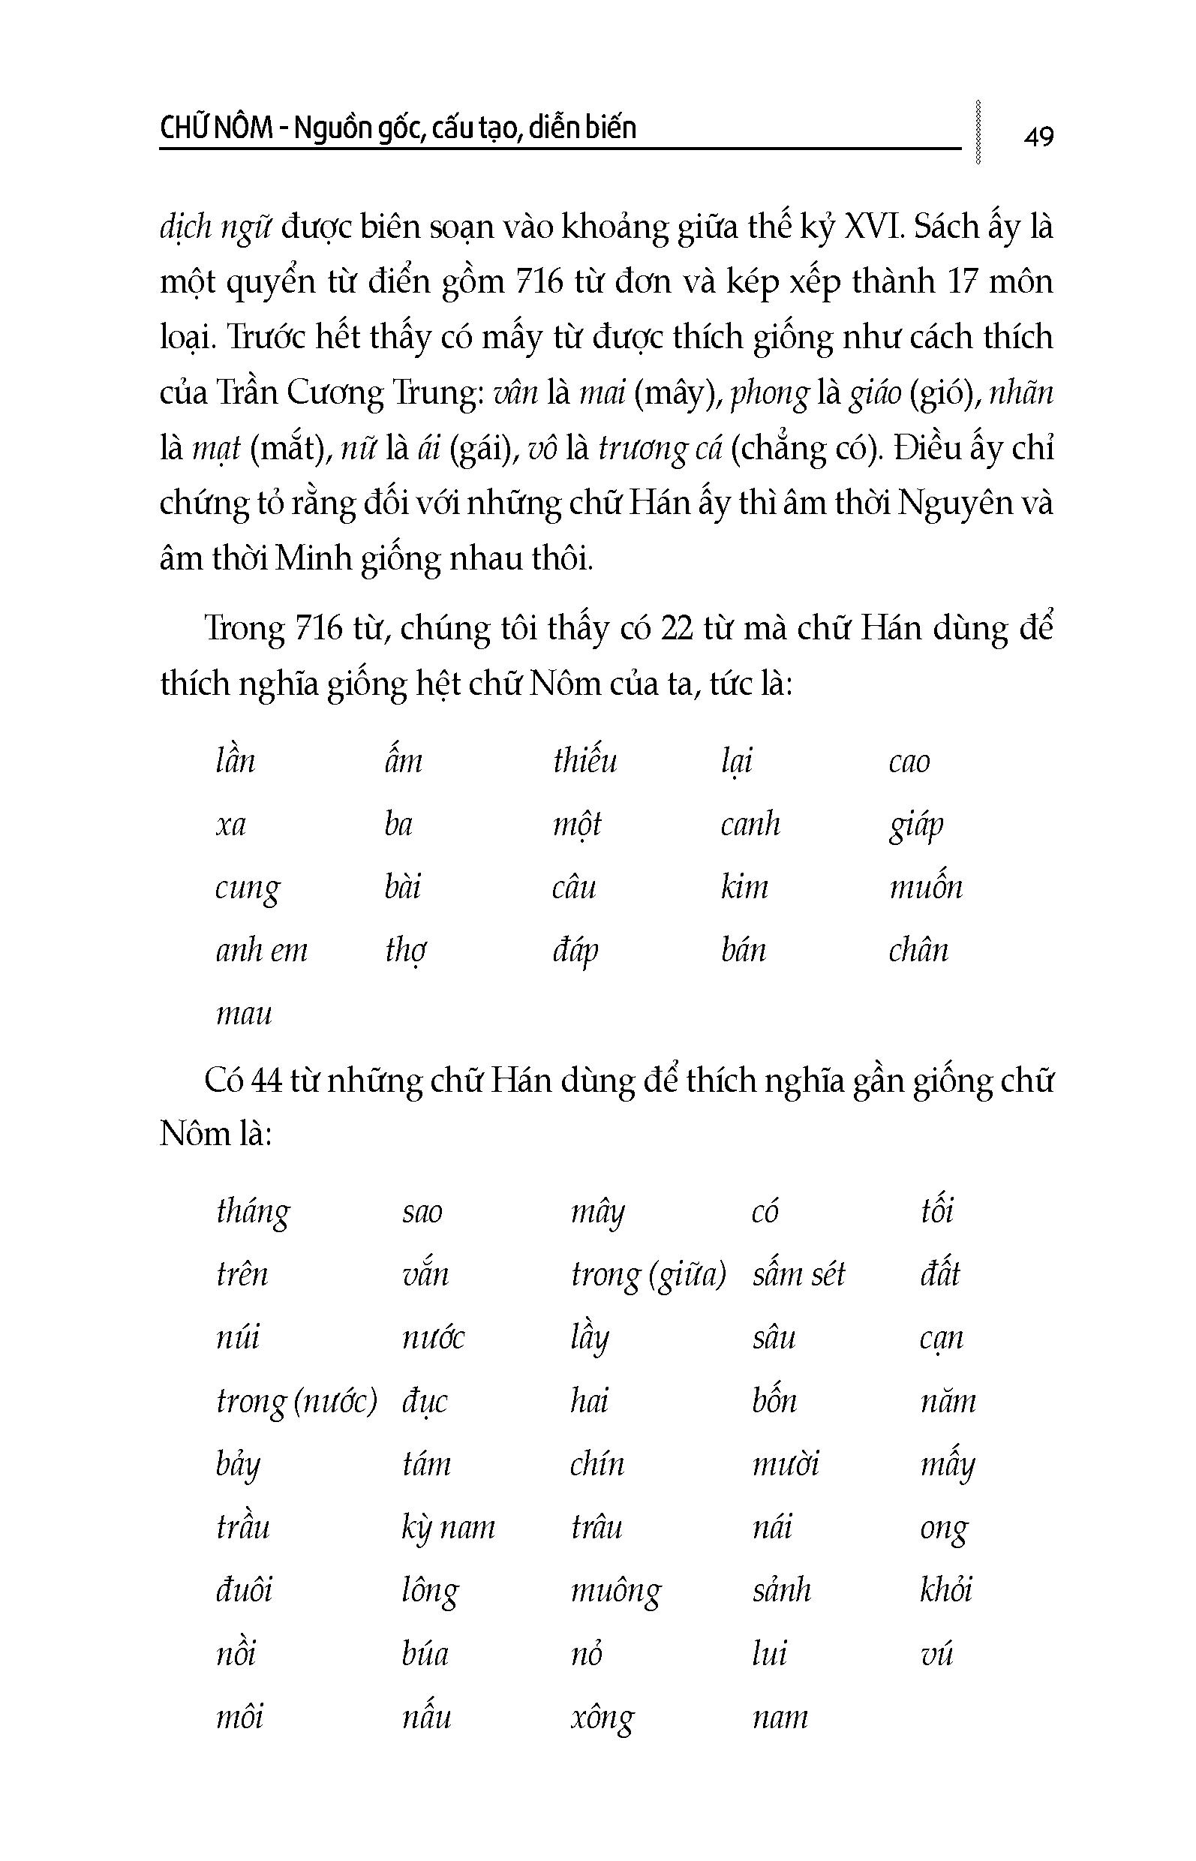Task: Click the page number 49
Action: click(x=1038, y=137)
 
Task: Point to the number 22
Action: click(x=677, y=628)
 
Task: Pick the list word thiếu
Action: click(x=584, y=760)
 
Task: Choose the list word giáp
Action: click(x=915, y=825)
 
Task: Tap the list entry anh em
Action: click(x=261, y=951)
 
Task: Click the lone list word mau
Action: click(x=244, y=1014)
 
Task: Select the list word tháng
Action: click(x=253, y=1212)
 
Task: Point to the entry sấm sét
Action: click(x=798, y=1275)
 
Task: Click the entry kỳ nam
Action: click(x=448, y=1528)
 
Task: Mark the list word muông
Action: click(x=616, y=1592)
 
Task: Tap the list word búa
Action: click(x=425, y=1655)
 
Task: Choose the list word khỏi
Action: click(x=945, y=1590)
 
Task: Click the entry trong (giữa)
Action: click(x=648, y=1276)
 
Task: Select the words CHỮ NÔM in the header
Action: click(x=215, y=128)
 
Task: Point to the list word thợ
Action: click(x=405, y=951)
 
